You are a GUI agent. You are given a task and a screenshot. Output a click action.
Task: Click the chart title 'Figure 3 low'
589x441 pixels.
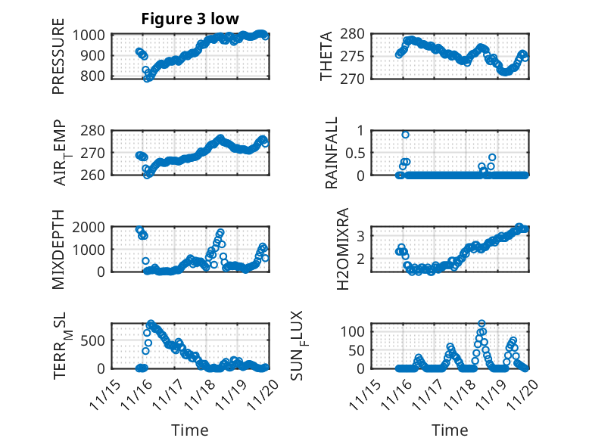tap(190, 20)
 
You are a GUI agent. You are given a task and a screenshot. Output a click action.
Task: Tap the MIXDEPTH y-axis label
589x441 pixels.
tap(59, 250)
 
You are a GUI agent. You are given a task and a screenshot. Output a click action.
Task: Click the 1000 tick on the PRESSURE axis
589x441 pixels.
tap(94, 35)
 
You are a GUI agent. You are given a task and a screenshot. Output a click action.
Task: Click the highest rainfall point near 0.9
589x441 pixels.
tap(406, 135)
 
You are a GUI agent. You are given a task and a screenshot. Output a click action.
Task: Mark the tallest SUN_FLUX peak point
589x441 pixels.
tap(481, 324)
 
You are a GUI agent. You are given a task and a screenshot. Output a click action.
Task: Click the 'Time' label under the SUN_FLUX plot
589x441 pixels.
tap(450, 430)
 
